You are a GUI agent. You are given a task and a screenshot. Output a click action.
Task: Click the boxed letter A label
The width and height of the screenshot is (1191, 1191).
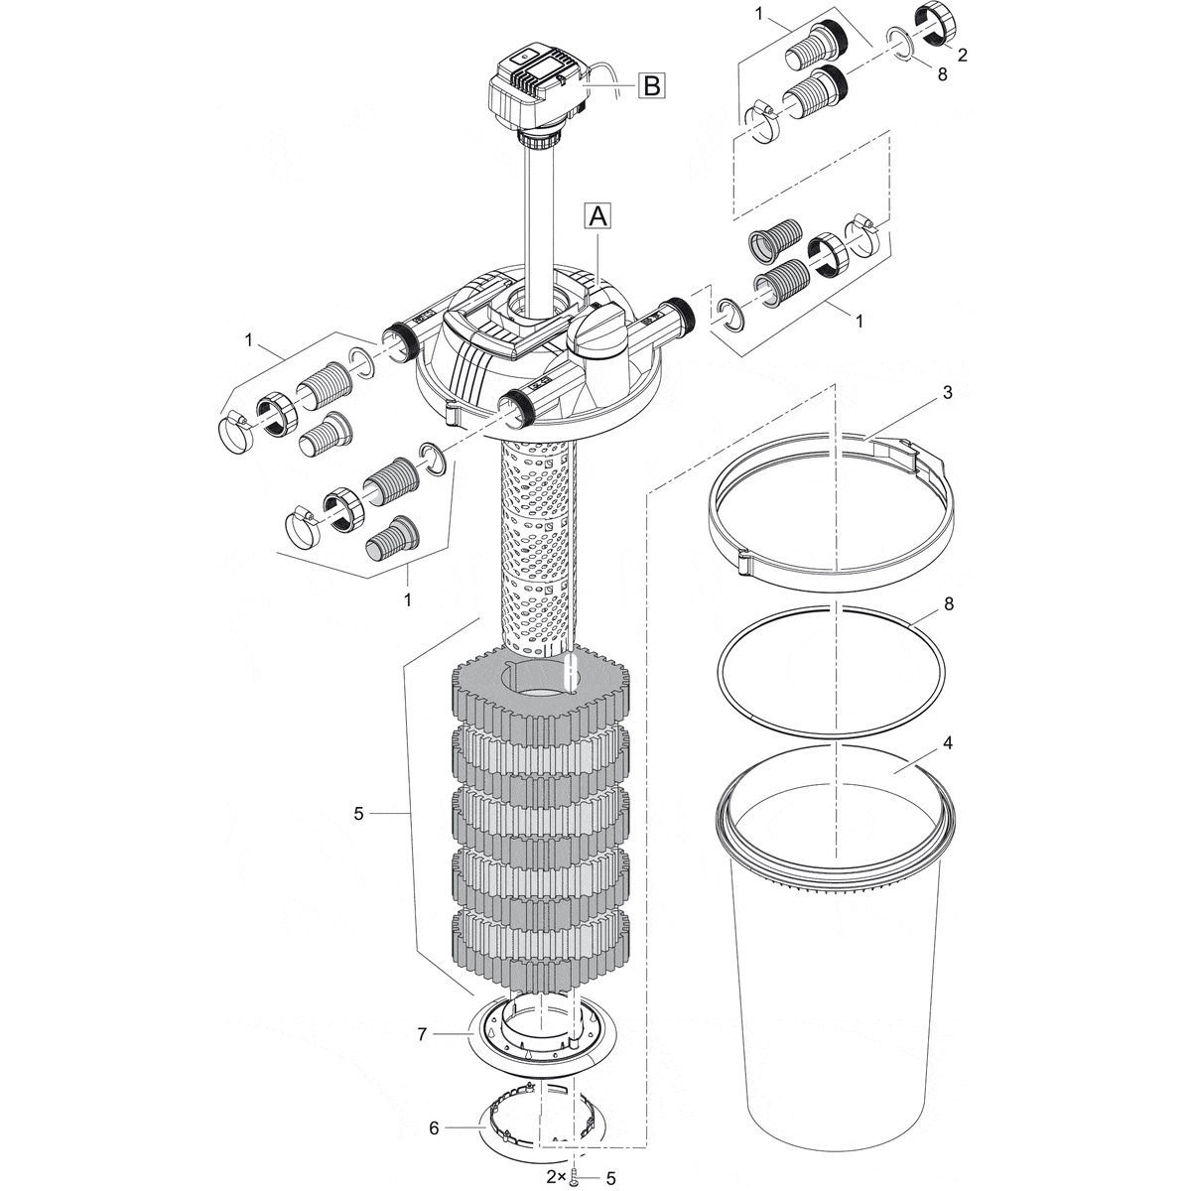(597, 218)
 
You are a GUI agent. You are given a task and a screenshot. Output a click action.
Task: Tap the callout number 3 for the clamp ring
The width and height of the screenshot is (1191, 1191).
(948, 392)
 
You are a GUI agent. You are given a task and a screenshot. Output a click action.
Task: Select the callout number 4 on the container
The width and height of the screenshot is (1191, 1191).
(948, 743)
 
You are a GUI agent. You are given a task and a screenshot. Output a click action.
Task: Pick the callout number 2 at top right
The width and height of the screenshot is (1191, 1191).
(962, 56)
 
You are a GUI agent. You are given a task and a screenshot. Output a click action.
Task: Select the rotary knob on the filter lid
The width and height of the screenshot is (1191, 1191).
(594, 331)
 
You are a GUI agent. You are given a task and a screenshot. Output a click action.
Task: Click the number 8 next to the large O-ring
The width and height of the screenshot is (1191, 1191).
(948, 603)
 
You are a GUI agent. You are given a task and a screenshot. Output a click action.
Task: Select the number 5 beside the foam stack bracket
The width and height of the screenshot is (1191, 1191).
(359, 814)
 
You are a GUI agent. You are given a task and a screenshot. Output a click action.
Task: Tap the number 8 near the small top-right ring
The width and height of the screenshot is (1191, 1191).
(942, 74)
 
